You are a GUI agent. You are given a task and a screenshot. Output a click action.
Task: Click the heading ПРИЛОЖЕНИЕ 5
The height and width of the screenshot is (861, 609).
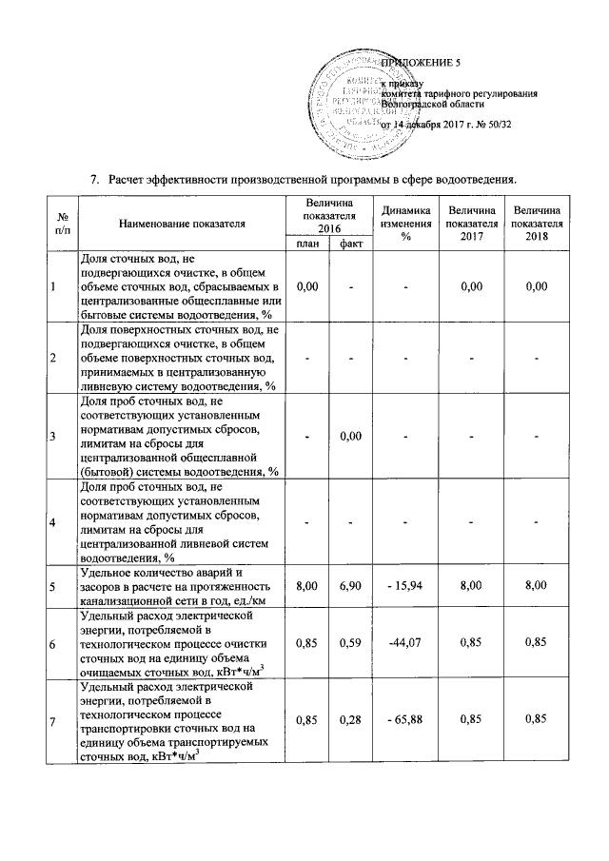[x=420, y=63]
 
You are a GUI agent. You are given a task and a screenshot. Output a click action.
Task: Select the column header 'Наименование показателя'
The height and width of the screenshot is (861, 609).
[x=182, y=224]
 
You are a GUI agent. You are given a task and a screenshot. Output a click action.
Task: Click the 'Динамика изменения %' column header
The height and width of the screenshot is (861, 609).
[x=404, y=224]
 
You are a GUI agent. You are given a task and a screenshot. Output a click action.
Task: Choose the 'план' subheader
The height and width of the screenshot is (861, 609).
[x=306, y=245]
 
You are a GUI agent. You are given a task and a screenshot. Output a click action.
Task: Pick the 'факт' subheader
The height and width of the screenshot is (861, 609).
[x=350, y=245]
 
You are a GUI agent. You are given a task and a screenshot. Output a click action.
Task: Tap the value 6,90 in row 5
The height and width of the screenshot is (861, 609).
[x=351, y=589]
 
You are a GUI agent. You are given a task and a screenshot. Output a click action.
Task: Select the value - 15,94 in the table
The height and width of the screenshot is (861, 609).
[x=404, y=589]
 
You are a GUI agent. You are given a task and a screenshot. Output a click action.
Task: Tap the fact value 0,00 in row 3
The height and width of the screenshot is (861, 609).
[x=351, y=436]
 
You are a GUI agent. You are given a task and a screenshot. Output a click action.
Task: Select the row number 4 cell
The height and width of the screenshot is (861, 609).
[x=52, y=522]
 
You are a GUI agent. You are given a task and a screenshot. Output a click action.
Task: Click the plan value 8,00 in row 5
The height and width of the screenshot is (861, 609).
[x=306, y=589]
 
